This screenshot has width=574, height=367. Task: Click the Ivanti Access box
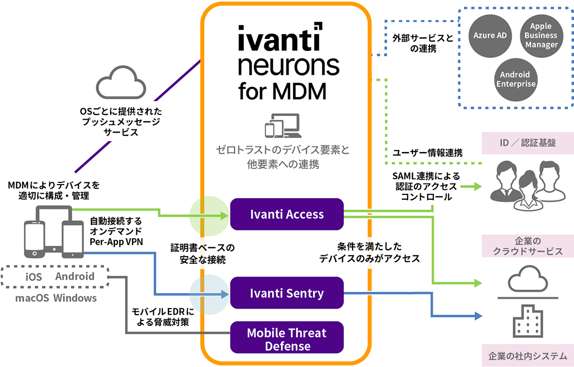[287, 214]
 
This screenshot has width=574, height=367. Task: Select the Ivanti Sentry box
[287, 293]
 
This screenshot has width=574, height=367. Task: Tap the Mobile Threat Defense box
[287, 339]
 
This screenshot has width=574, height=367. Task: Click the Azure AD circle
[490, 36]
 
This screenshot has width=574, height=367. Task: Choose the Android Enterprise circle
[515, 79]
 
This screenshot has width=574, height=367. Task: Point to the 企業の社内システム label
[524, 356]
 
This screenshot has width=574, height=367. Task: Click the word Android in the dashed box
[75, 277]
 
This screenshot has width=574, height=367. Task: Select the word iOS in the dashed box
[34, 277]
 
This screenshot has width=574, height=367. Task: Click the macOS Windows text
[56, 298]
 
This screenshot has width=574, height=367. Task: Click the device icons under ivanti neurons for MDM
[282, 126]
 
